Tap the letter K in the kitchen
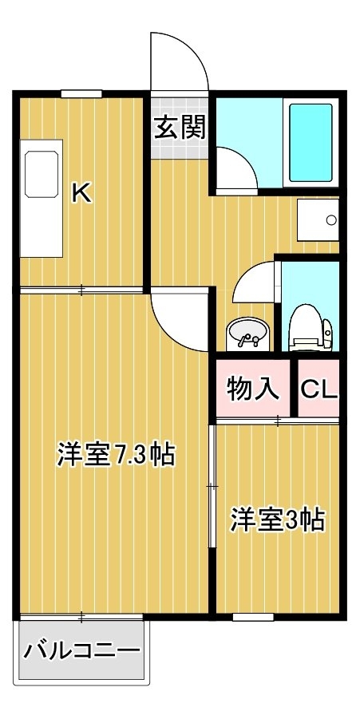[82, 193]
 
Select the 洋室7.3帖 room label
[116, 454]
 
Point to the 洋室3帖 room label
[277, 519]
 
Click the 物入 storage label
[253, 389]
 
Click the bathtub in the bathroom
[311, 143]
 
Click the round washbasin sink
[247, 334]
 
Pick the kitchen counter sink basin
[41, 175]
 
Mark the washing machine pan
[318, 219]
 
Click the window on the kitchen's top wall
[81, 94]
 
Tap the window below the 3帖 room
[253, 617]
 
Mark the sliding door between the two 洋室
[212, 487]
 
